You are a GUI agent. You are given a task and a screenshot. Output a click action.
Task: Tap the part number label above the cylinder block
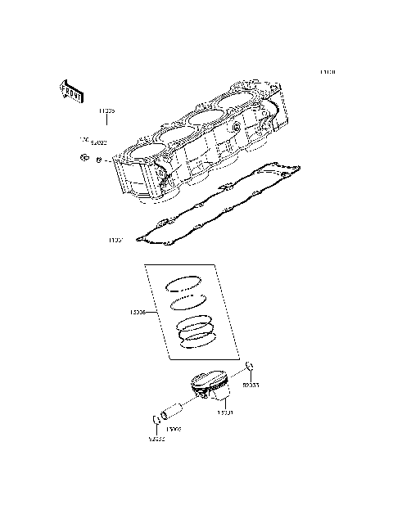pos(106,108)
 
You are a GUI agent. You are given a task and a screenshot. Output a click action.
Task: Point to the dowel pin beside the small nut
pos(98,160)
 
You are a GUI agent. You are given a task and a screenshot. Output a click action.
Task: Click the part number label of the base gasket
pos(115,241)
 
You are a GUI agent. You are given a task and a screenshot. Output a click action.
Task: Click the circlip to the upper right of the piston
pos(251,366)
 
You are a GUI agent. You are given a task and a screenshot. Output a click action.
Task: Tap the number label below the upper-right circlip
pos(252,384)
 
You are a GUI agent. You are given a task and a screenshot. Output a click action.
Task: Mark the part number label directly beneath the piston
pos(224,413)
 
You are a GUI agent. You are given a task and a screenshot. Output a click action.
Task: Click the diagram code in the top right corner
pos(327,72)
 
